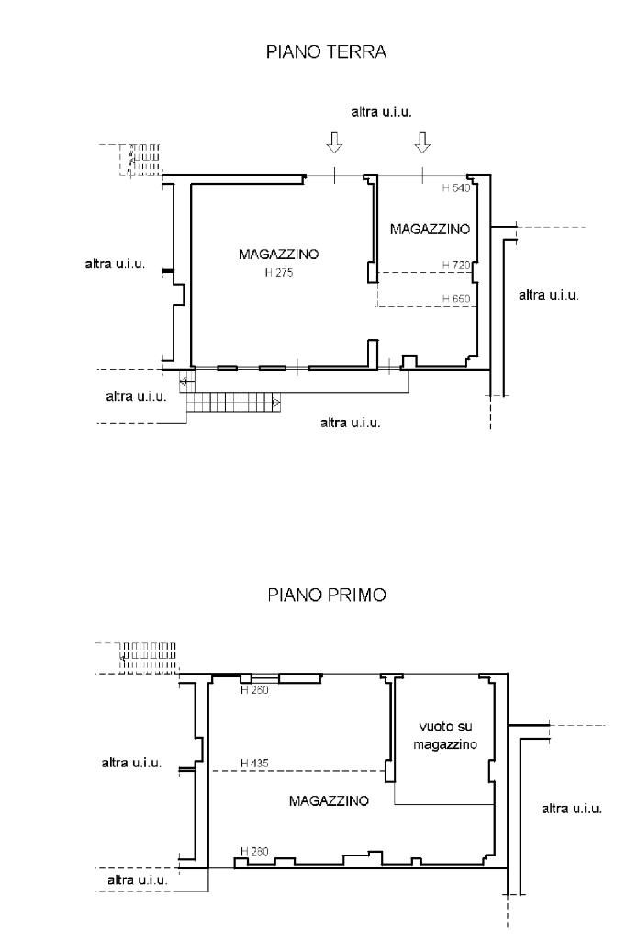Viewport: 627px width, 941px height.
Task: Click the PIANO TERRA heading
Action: (x=326, y=51)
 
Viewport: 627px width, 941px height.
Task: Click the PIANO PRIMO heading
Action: (x=327, y=595)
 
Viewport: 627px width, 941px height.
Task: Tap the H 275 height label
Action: (x=279, y=272)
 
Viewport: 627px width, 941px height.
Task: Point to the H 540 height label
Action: (x=456, y=187)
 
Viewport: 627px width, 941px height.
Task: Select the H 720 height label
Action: (x=456, y=265)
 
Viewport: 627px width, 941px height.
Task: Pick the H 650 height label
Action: (x=456, y=299)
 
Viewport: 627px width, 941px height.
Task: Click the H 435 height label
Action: (x=254, y=764)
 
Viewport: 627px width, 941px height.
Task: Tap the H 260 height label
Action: (x=254, y=690)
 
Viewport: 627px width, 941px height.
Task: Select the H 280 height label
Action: (x=254, y=851)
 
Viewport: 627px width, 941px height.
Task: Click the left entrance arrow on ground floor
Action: (x=334, y=142)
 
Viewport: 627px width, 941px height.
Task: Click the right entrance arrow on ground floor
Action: (x=422, y=142)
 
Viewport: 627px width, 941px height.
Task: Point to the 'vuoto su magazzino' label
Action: (x=444, y=735)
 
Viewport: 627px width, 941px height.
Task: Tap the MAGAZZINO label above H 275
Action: (x=279, y=254)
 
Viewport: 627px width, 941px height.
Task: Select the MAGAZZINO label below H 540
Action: (x=430, y=229)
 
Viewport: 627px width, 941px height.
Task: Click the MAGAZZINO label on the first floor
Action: (x=329, y=800)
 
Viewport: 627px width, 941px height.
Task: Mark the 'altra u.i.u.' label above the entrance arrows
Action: (x=381, y=111)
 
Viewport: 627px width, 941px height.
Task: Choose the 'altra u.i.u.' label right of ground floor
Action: (x=548, y=295)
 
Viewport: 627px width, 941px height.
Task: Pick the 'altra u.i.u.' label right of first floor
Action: (x=571, y=809)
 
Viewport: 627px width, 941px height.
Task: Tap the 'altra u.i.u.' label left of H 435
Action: (x=131, y=763)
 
